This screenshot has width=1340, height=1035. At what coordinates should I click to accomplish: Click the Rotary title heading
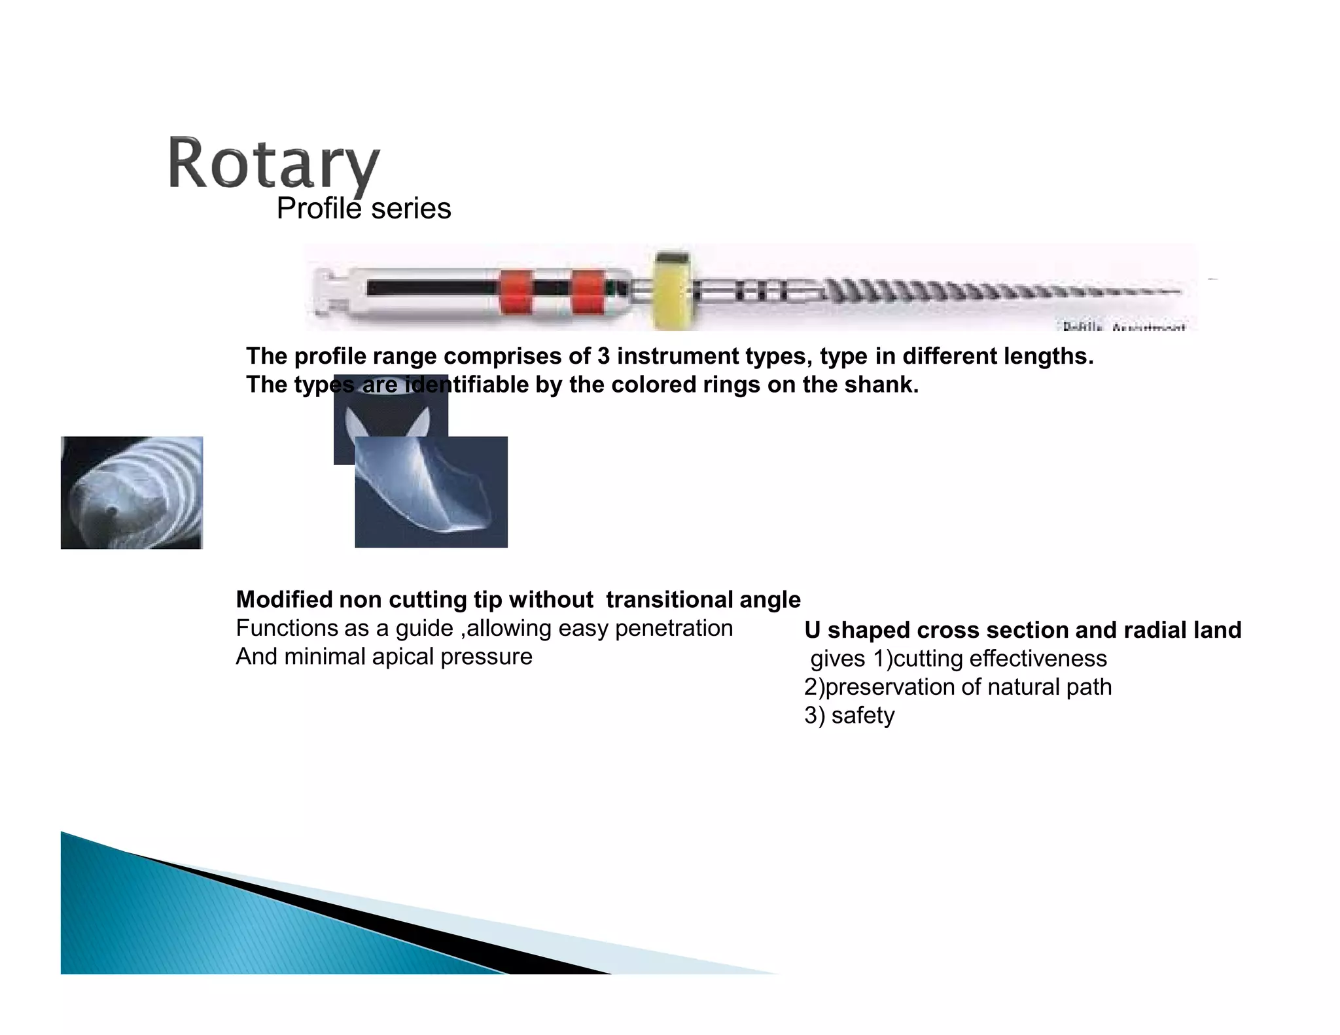point(273,164)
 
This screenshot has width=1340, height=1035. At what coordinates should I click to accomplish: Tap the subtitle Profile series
point(364,209)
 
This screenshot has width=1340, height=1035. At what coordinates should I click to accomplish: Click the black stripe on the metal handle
point(432,288)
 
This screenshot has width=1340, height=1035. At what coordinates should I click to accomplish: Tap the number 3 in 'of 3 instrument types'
point(603,357)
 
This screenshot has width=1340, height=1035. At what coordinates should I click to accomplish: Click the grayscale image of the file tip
point(132,492)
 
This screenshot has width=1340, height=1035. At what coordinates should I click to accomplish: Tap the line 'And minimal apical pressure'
point(384,657)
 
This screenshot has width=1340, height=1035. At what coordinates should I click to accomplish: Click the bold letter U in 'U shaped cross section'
point(812,630)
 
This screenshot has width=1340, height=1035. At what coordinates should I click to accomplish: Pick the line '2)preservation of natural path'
point(958,687)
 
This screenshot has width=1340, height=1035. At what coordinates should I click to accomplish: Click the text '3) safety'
point(849,716)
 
